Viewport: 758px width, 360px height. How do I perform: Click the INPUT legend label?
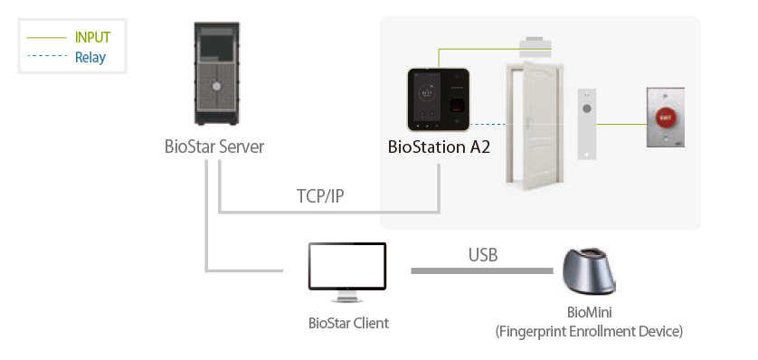tap(93, 37)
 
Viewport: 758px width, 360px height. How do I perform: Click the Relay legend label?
tap(90, 58)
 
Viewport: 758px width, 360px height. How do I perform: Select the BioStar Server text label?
tap(214, 147)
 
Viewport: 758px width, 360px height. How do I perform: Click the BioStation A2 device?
tap(439, 99)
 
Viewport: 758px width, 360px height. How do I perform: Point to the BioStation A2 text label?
tap(439, 147)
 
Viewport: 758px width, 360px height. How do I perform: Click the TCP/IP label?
tap(320, 196)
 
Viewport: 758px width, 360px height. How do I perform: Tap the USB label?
tap(482, 255)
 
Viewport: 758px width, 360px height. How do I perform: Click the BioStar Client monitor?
tap(347, 272)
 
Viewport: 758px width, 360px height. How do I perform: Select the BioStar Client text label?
tap(348, 323)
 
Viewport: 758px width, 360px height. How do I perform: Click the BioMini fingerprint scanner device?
tap(588, 271)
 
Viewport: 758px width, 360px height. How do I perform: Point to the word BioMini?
tap(589, 313)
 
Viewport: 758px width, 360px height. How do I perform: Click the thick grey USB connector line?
tap(482, 271)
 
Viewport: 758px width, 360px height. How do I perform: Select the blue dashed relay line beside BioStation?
tap(488, 124)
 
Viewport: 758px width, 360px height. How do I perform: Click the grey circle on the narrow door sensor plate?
tap(587, 109)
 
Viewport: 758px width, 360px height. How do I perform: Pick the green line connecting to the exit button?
tap(621, 124)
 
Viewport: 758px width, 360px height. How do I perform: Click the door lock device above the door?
tap(535, 45)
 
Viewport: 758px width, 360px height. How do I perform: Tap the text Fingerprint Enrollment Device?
tap(589, 332)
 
